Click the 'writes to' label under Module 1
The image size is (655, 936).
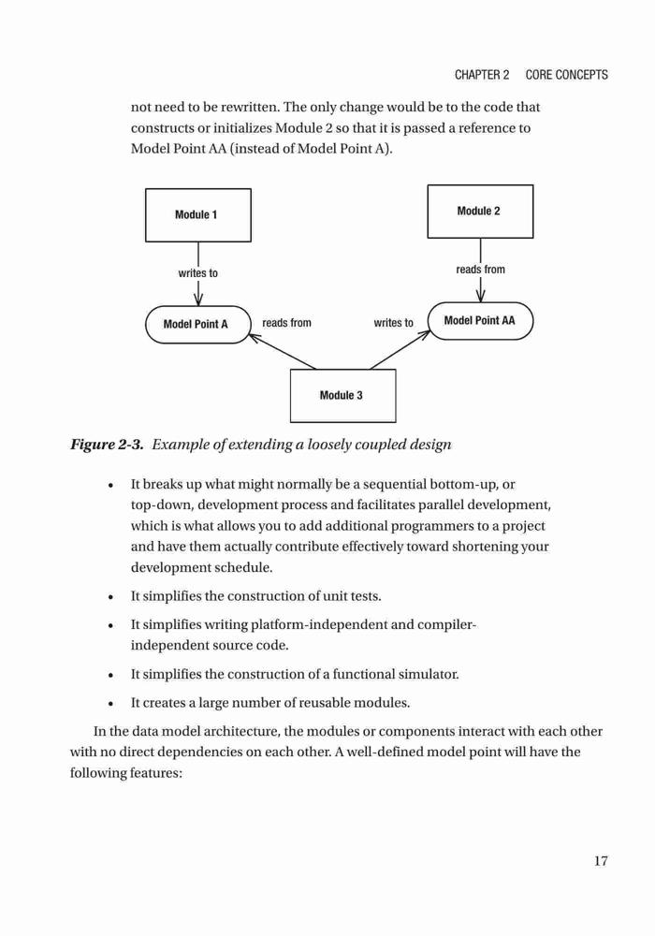click(x=198, y=273)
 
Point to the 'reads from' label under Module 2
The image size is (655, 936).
click(x=480, y=270)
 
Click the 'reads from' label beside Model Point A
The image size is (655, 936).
click(x=287, y=323)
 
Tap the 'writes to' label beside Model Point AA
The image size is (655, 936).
click(x=394, y=323)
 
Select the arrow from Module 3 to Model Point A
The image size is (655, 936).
click(x=283, y=352)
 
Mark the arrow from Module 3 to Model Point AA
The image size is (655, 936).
click(x=400, y=349)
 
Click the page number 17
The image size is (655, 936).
click(x=601, y=861)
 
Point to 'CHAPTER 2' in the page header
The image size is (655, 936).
click(x=482, y=75)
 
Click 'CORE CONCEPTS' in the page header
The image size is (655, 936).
click(x=567, y=75)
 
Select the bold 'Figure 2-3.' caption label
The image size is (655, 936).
click(x=107, y=445)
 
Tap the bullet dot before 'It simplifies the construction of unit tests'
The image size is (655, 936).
click(x=111, y=597)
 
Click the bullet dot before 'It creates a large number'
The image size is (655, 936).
click(x=111, y=704)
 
